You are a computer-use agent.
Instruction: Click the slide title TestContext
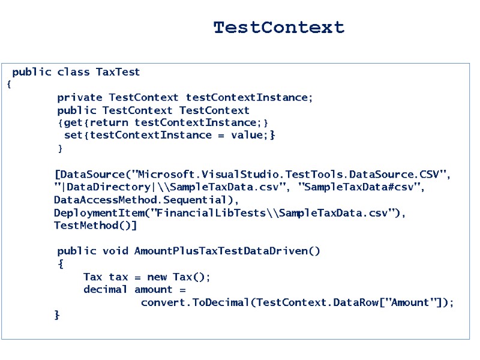point(279,28)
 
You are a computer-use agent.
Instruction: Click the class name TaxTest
point(118,72)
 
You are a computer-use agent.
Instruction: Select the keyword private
point(80,97)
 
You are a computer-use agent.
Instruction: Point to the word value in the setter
point(246,135)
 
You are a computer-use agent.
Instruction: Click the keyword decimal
point(105,289)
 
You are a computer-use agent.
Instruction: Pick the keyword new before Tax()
point(157,277)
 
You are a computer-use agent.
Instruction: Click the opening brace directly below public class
point(8,85)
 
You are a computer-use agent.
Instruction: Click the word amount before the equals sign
point(153,289)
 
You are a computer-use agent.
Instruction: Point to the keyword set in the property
point(73,135)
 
